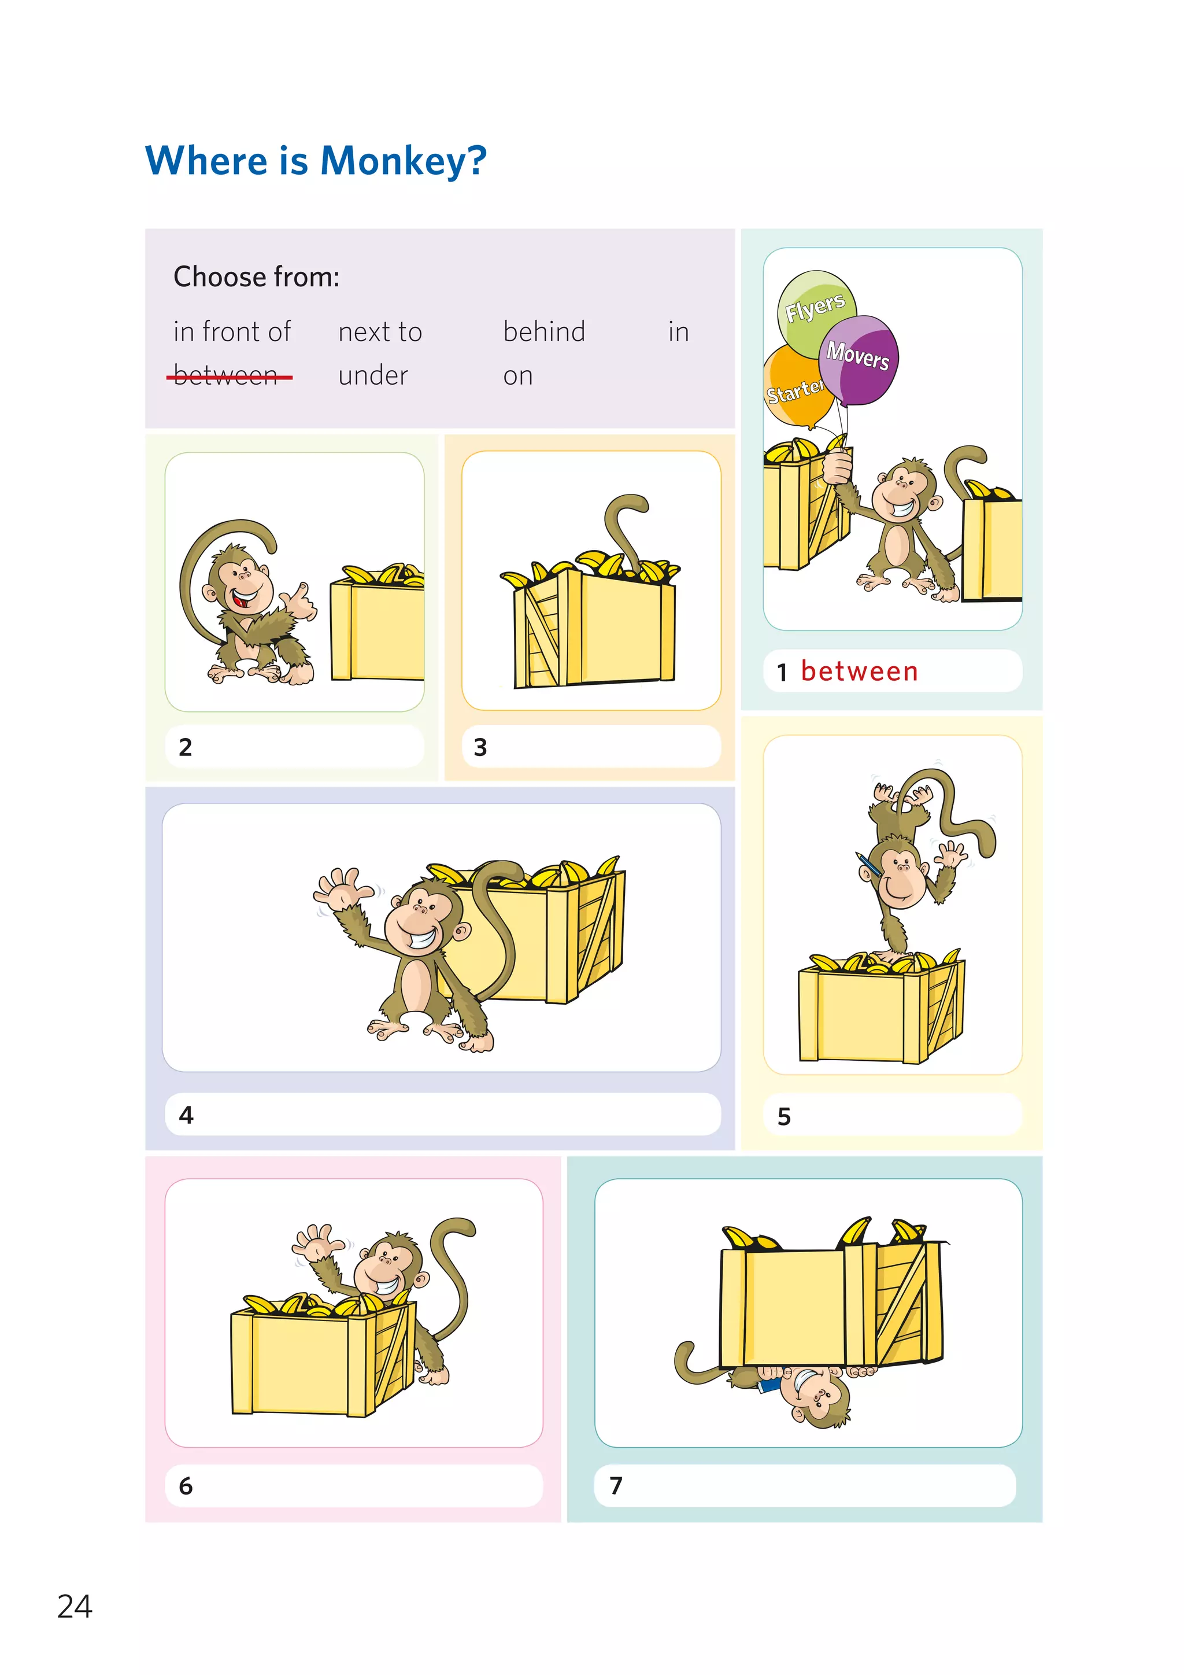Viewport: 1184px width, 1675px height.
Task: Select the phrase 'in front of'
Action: click(232, 332)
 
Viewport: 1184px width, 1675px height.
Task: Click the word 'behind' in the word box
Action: click(544, 332)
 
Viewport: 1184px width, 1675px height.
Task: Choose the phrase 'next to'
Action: click(380, 332)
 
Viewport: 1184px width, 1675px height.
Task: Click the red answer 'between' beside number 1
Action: click(859, 671)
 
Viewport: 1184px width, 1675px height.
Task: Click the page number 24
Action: click(75, 1606)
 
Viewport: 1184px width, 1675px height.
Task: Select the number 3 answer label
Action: click(480, 747)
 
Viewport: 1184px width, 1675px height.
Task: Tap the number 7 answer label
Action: click(616, 1485)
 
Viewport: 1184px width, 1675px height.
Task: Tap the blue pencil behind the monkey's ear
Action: click(868, 865)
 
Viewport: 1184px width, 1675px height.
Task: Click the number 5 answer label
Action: click(785, 1116)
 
